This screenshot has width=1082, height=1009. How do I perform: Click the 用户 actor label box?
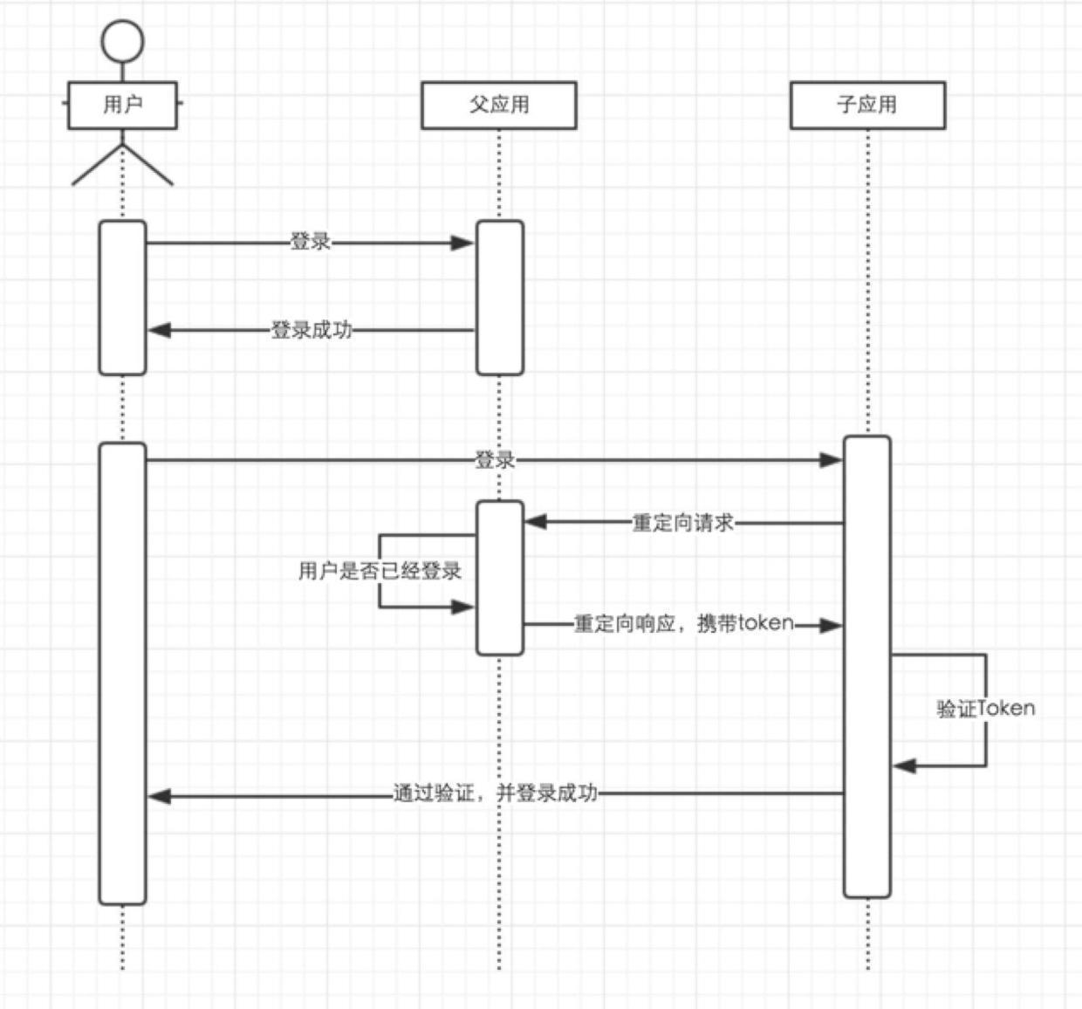click(x=122, y=105)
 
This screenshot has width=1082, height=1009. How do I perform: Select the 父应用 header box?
click(x=498, y=105)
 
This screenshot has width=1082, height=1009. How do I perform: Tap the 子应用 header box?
click(x=866, y=105)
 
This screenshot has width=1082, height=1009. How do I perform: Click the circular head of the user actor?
click(x=122, y=41)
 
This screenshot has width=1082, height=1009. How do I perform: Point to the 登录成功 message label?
click(x=311, y=330)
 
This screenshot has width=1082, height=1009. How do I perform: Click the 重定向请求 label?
click(x=682, y=523)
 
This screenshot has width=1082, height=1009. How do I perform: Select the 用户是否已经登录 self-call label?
click(x=380, y=571)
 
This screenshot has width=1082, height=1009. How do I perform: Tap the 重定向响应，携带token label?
click(x=683, y=623)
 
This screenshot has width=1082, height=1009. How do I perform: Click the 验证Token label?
click(x=985, y=708)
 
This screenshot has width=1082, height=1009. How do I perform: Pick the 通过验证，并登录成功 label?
click(x=495, y=793)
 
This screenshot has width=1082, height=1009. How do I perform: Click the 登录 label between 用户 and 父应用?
click(x=310, y=242)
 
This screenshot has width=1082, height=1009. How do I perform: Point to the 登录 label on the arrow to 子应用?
click(x=495, y=459)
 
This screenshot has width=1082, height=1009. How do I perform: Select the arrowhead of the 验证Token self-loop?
click(x=904, y=765)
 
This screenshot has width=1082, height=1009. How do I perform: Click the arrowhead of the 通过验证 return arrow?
click(x=160, y=795)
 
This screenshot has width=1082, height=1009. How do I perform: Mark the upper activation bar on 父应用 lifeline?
click(x=499, y=298)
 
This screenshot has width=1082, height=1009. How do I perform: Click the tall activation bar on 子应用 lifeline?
click(x=866, y=667)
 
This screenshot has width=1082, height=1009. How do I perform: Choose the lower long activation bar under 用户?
click(x=122, y=673)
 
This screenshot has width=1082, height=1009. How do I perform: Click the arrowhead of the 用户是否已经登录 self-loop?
click(x=463, y=607)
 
